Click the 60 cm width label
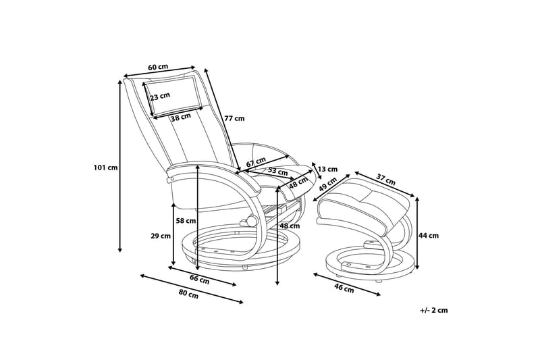point(158,67)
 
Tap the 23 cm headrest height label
point(160,97)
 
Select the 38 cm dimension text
point(181,118)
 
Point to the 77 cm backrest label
point(234,118)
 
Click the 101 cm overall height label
point(105,168)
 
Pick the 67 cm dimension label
point(256,161)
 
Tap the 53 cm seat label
point(278,171)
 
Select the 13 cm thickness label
point(327,169)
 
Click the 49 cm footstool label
point(327,184)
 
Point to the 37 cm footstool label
point(385,179)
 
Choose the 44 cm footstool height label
point(429,236)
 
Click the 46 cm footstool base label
point(344,288)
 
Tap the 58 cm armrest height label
point(186,220)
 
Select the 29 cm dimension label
point(161,236)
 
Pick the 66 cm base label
point(199,279)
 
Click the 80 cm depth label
point(188,294)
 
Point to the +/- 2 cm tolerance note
point(434,310)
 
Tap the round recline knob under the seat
point(251,220)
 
